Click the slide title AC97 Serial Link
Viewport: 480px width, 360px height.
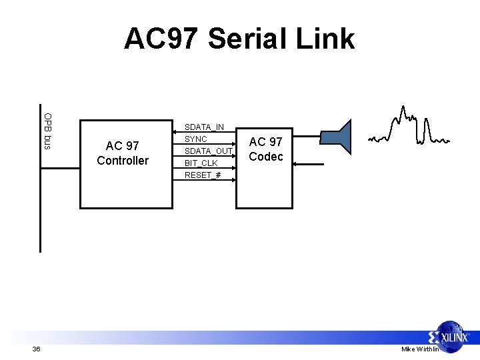point(239,39)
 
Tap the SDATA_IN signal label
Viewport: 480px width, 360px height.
point(204,127)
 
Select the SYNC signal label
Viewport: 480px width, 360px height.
point(196,139)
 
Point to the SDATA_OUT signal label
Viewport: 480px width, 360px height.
point(207,151)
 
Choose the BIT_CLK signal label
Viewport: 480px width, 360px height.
point(201,163)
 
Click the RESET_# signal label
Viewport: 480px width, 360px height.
point(203,175)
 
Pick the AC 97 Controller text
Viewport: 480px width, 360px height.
point(123,153)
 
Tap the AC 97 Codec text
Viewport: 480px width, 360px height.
point(266,149)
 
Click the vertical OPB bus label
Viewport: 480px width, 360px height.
point(48,131)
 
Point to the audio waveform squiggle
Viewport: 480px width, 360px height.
point(408,127)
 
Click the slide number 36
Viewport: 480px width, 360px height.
point(36,349)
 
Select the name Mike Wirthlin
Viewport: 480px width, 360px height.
point(420,349)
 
